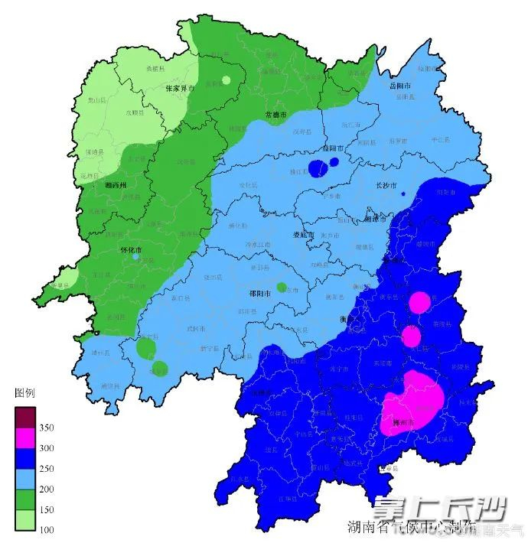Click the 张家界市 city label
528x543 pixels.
coord(180,89)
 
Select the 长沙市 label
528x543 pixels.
coord(386,185)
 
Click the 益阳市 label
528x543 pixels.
coord(333,148)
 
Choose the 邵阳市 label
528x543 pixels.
coord(264,293)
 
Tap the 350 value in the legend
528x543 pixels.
coord(45,428)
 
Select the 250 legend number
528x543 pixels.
coord(45,469)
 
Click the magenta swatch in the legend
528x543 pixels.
coord(25,438)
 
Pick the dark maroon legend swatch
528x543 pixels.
coord(25,418)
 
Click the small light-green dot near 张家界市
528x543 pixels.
coord(226,80)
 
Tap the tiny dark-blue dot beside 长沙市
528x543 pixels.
coord(403,194)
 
